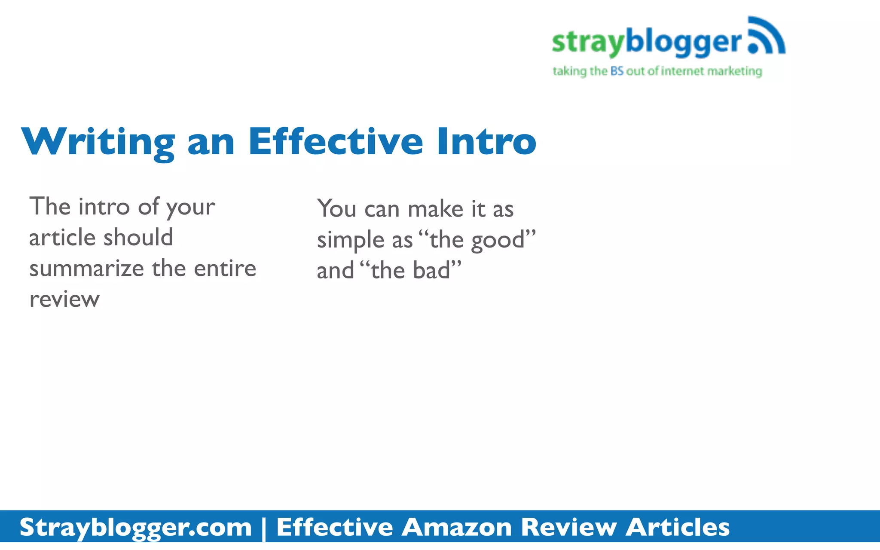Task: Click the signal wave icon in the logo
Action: pyautogui.click(x=767, y=37)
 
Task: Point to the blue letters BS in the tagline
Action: pyautogui.click(x=617, y=71)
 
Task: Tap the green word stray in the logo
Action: pyautogui.click(x=588, y=43)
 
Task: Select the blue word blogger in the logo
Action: pyautogui.click(x=684, y=43)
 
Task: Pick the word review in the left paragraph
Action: pyautogui.click(x=64, y=299)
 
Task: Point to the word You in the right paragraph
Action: pyautogui.click(x=336, y=209)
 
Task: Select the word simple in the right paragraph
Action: pyautogui.click(x=351, y=240)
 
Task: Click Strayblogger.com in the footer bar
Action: pyautogui.click(x=136, y=527)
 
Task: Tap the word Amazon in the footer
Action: pyautogui.click(x=456, y=527)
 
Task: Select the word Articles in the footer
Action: pyautogui.click(x=678, y=527)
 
